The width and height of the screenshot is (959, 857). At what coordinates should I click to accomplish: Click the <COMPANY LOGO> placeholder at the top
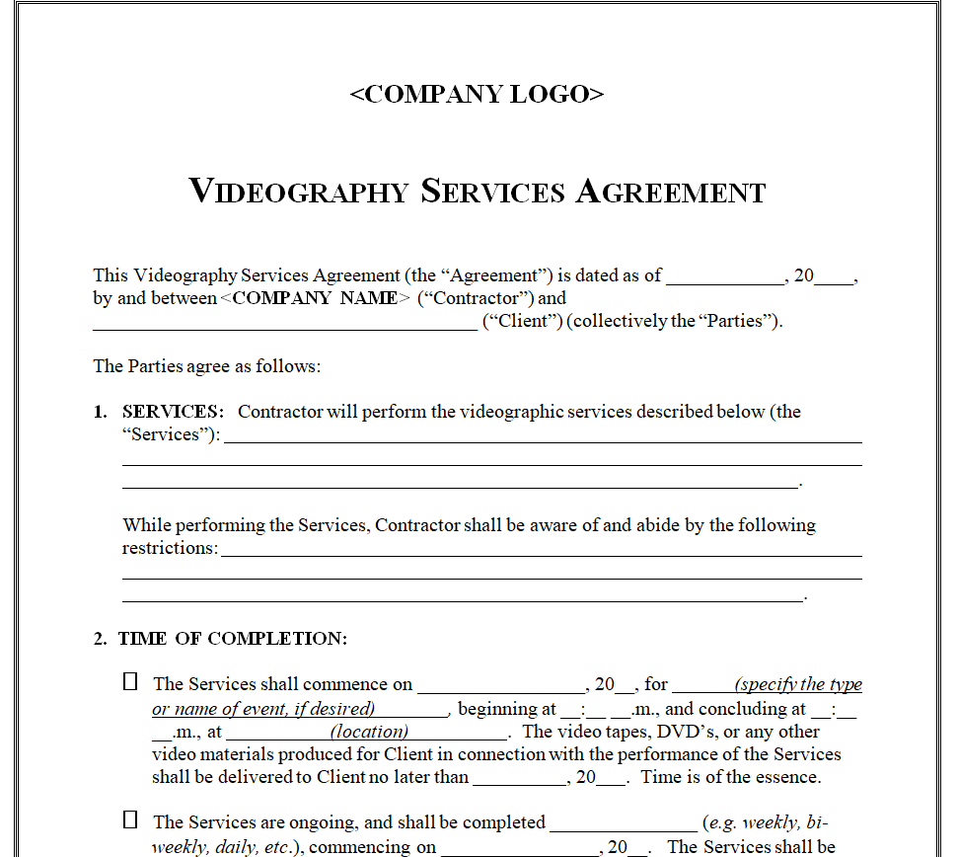click(477, 95)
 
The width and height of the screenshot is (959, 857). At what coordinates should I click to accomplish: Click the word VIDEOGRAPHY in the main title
click(298, 191)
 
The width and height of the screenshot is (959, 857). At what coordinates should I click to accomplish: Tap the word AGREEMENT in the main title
click(670, 191)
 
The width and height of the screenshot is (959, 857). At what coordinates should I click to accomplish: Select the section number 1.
click(100, 412)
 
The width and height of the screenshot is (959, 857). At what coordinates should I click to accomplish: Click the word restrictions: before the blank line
click(170, 548)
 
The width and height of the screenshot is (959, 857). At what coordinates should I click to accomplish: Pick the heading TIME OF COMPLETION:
click(233, 639)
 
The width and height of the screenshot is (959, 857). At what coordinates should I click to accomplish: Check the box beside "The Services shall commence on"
click(130, 682)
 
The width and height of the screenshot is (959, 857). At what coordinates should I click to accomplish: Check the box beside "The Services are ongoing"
click(130, 820)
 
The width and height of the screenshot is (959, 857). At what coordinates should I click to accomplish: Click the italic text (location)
click(369, 732)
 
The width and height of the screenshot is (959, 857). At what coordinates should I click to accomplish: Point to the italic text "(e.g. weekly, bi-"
click(772, 822)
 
